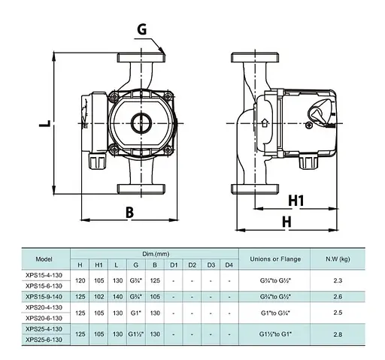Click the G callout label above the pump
point(142,29)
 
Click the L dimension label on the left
point(45,123)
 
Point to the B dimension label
point(129,213)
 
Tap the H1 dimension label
point(296,201)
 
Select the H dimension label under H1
point(286,222)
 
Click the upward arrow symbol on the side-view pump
point(265,123)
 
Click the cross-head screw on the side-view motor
point(309,125)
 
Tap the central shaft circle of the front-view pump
point(141,123)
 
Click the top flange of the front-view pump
point(141,58)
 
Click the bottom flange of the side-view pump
point(255,189)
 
